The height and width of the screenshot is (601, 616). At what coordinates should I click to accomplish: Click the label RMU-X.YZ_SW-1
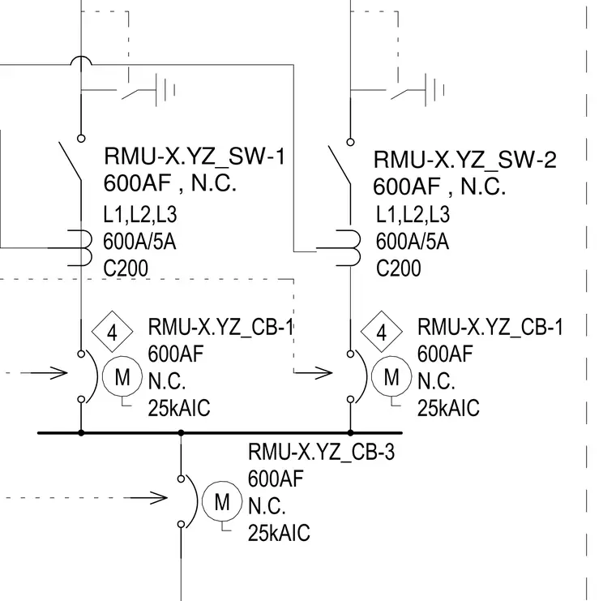pos(195,156)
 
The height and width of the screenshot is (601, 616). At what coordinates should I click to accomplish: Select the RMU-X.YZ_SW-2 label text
pos(464,160)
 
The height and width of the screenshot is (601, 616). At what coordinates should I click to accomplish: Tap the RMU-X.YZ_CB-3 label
pos(321,452)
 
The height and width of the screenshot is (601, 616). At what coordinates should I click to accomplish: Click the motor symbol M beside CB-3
pos(222,501)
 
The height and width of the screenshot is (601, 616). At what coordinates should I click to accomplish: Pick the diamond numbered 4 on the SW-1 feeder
pos(112,332)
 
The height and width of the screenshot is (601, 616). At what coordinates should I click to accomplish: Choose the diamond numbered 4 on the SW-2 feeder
pos(382,332)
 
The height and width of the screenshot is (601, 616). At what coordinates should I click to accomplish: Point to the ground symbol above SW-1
pos(165,90)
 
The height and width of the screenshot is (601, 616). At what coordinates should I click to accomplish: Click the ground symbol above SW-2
pos(434,90)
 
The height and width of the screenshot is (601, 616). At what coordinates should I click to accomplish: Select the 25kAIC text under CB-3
pos(279,533)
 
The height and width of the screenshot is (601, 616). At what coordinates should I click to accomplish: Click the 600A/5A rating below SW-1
pos(139,241)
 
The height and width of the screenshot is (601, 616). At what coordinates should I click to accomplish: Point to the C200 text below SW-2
pos(398,268)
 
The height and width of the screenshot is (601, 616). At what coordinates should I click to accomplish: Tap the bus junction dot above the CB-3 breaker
pos(181,433)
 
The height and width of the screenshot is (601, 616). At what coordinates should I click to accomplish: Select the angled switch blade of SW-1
pos(70,161)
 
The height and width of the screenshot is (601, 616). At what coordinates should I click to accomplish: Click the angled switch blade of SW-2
pos(340,165)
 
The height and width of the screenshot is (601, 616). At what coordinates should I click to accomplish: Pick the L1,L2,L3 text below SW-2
pos(413,214)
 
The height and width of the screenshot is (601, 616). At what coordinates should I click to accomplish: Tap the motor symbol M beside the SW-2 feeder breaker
pos(391,376)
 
